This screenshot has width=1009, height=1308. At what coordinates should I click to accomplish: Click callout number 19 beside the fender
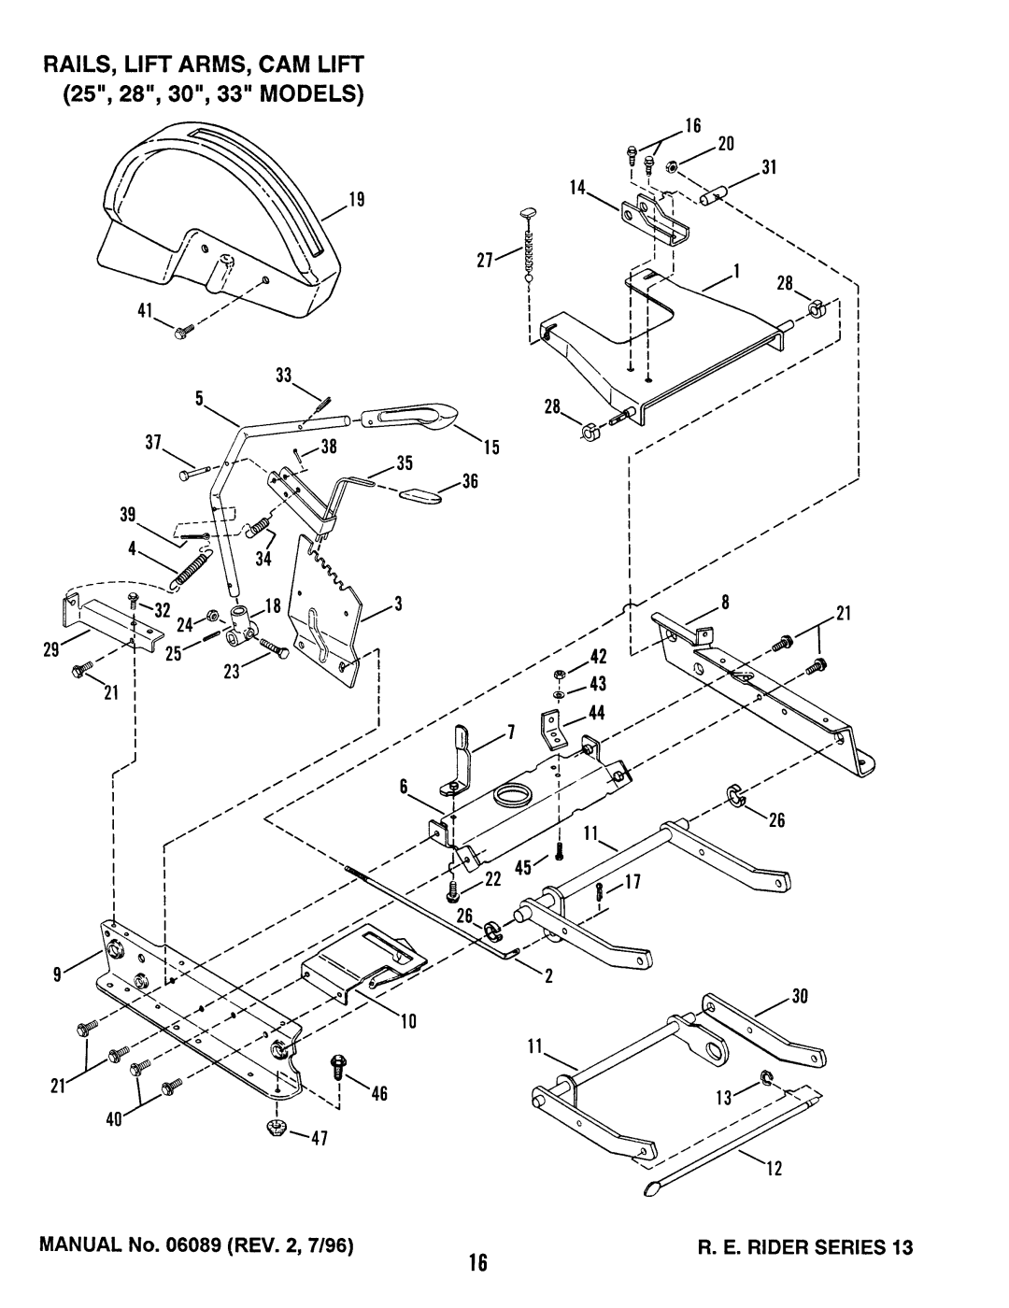357,200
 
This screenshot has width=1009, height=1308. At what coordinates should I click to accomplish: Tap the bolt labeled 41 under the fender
183,331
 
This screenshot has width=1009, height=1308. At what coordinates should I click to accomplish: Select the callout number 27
485,260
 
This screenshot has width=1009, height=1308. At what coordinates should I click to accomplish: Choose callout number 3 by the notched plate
398,604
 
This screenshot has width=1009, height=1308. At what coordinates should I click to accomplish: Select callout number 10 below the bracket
408,1021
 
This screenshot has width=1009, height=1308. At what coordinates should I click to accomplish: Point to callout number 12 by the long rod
775,1169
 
